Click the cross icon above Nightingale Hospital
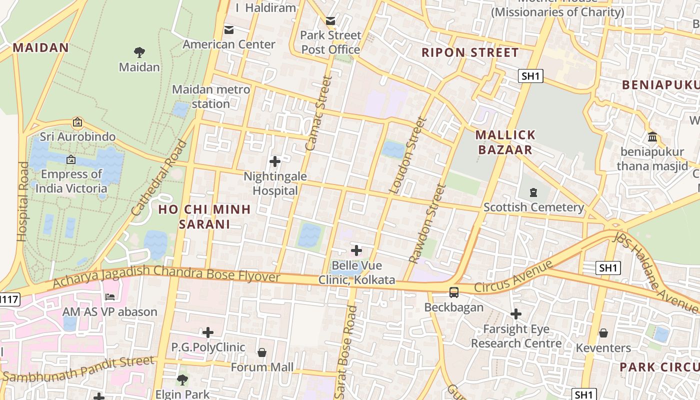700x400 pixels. coord(274,161)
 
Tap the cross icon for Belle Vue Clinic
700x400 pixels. coord(356,250)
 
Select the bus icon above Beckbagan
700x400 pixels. coord(454,292)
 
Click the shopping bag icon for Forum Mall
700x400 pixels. coord(261,353)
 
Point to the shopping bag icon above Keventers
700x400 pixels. coord(603,333)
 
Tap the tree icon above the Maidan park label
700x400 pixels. coord(139,52)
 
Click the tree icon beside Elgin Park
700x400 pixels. coord(182,380)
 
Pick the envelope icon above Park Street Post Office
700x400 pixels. coord(330,21)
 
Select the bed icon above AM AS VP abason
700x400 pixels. coord(110,297)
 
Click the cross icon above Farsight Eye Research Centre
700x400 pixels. coord(516,314)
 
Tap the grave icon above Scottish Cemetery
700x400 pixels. coord(533,192)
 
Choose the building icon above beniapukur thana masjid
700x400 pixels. coord(652,137)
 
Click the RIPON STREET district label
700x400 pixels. coord(470,52)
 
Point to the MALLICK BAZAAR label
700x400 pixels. coord(505,142)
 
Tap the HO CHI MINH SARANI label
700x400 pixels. coord(204,216)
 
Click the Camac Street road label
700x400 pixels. coord(318,113)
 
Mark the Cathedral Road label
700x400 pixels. coord(159,178)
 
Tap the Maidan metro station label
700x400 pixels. coord(211,96)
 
